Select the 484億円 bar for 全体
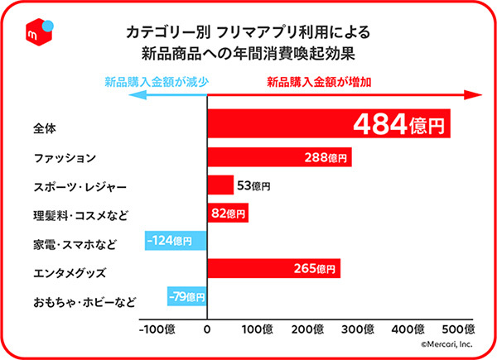328,126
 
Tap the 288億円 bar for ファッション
279,156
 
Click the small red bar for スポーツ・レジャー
220,185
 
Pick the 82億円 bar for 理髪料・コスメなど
227,214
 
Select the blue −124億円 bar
175,242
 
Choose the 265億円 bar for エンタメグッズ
273,269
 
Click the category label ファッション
65,158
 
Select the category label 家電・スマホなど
74,243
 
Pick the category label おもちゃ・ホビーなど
85,300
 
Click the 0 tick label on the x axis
207,329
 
